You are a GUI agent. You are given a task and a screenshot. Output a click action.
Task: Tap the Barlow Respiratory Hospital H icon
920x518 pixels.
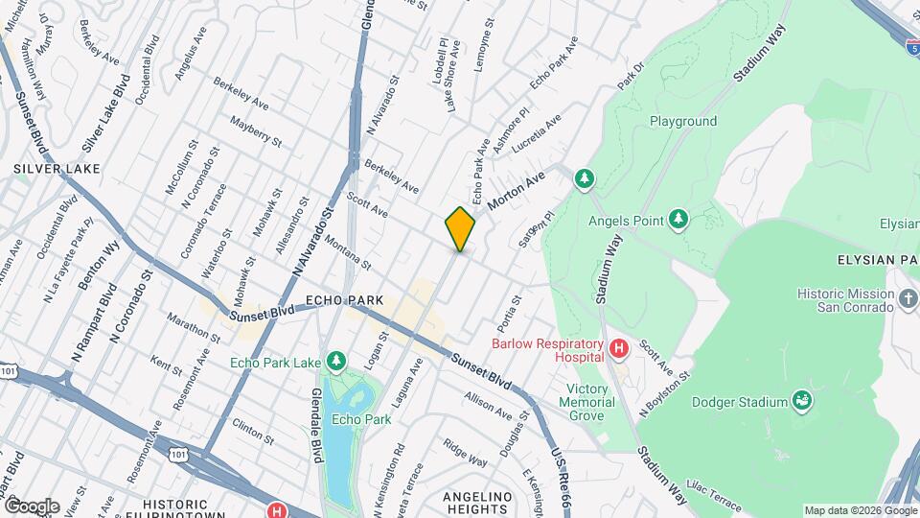click(618, 346)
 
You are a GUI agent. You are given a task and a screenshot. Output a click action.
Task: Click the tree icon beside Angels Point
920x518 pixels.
click(678, 221)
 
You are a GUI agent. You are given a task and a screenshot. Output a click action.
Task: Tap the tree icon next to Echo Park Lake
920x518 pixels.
click(335, 362)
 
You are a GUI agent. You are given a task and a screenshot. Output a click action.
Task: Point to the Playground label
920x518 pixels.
click(683, 122)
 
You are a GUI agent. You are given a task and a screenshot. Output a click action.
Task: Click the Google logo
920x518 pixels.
click(31, 506)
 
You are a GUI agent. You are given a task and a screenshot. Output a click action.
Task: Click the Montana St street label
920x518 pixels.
click(345, 249)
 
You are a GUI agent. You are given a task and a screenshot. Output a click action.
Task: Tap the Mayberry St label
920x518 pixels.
click(256, 131)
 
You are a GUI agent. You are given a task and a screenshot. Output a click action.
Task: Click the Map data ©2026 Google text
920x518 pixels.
click(860, 510)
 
